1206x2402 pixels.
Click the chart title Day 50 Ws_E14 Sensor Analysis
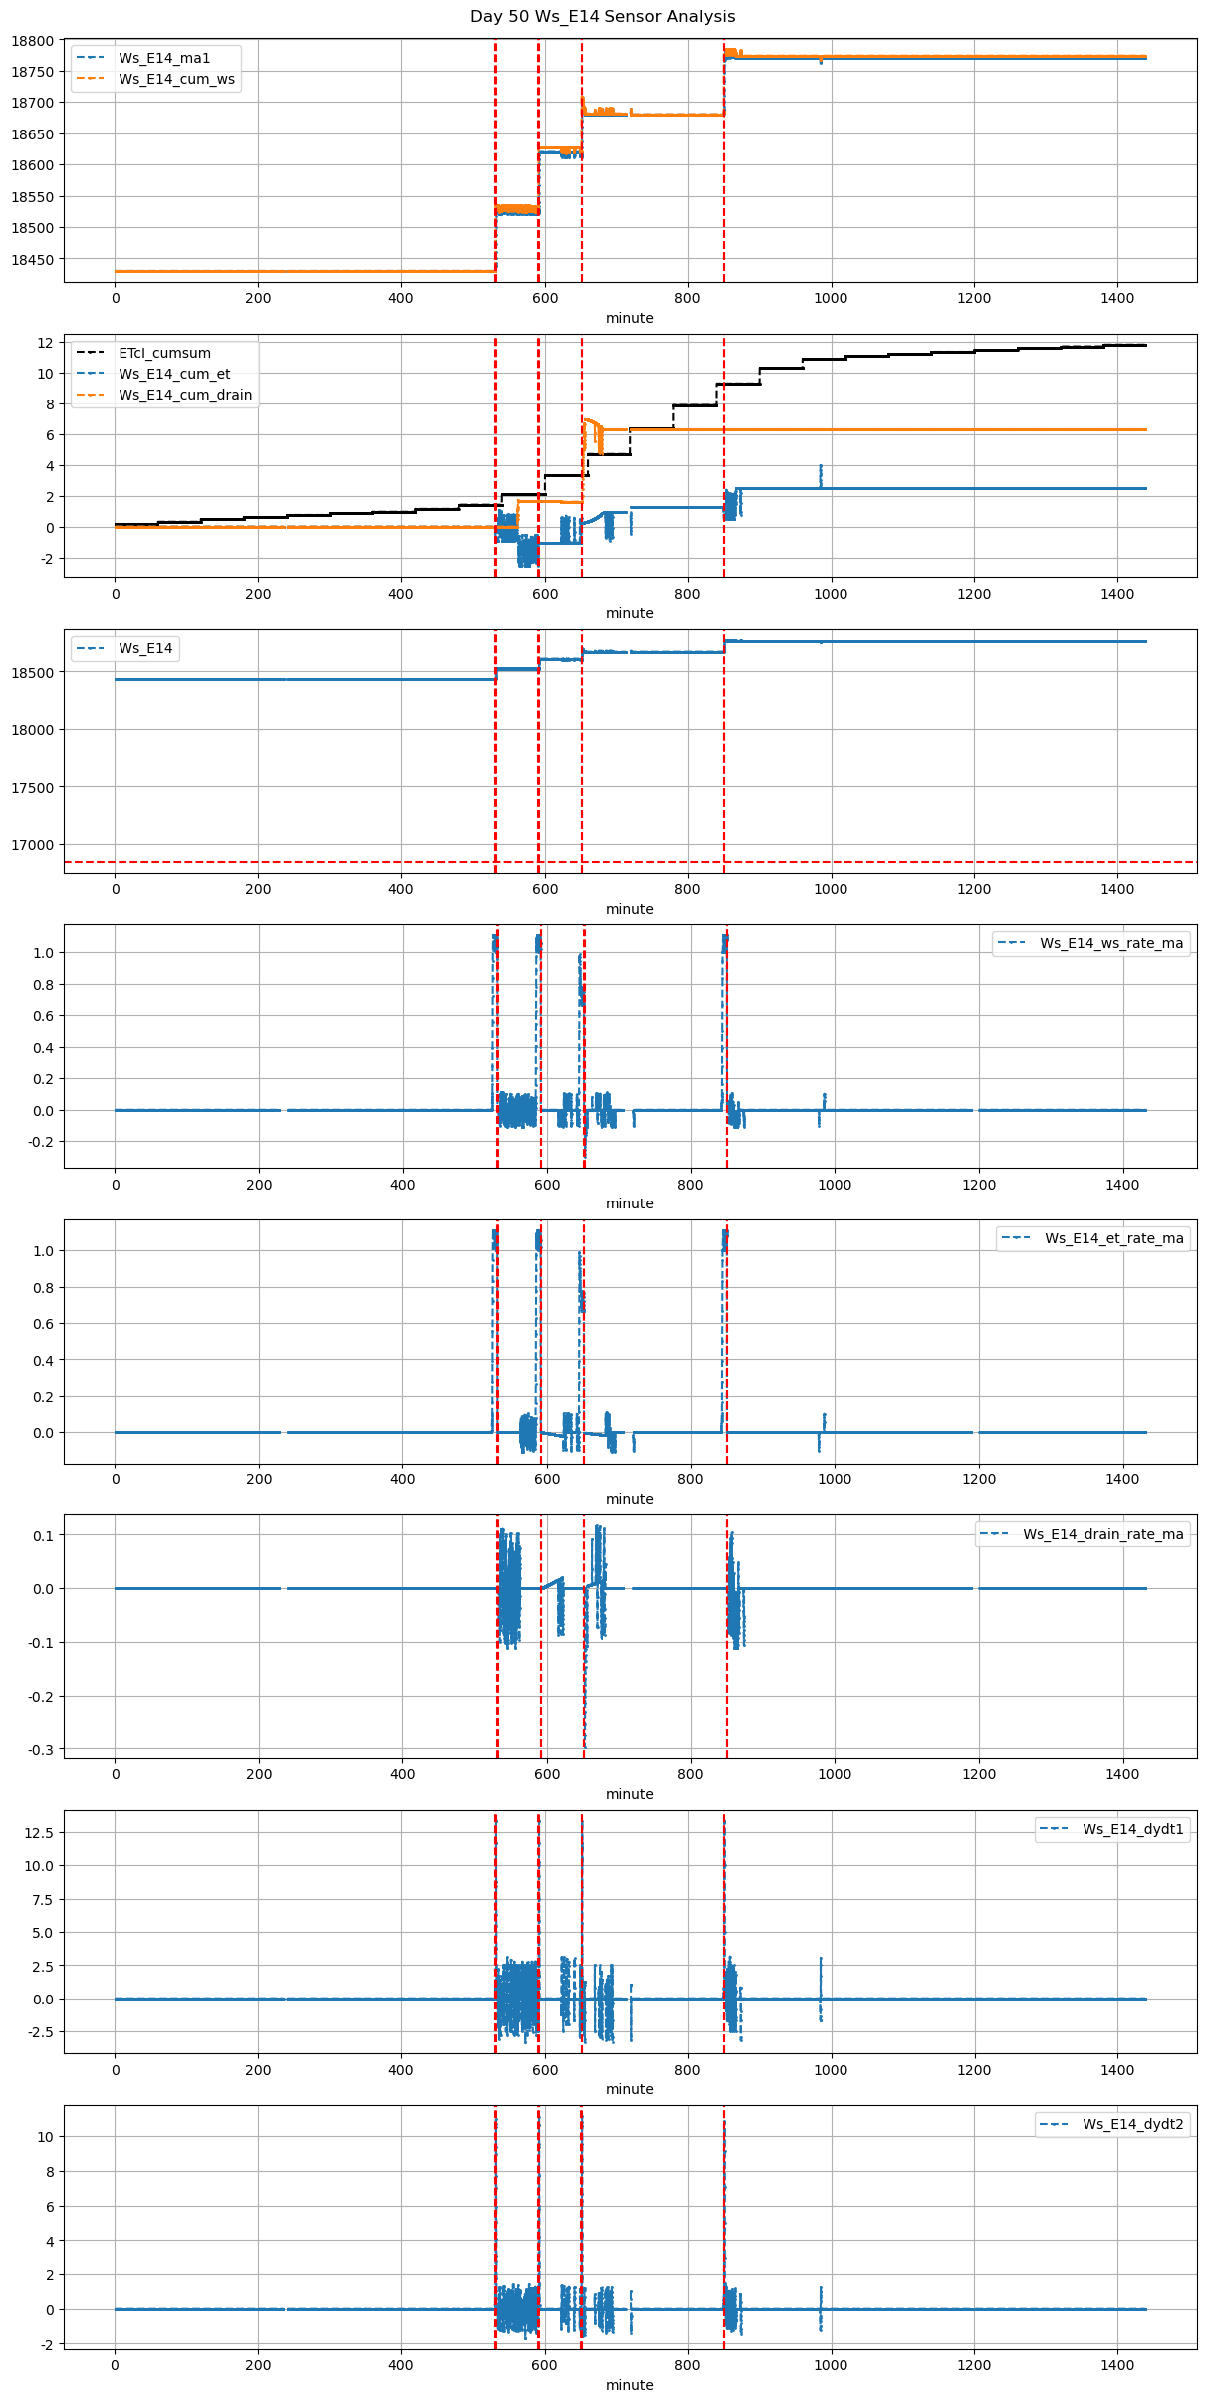603,17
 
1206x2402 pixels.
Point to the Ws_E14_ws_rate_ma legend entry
1111,943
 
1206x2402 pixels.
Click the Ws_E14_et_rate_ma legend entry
1113,1238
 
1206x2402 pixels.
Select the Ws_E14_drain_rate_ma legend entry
1102,1534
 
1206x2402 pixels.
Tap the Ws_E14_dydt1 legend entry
1132,1829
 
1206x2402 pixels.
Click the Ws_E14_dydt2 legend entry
1132,2124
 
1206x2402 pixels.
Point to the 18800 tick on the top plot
36,41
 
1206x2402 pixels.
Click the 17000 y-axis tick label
36,845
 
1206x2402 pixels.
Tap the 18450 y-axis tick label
36,260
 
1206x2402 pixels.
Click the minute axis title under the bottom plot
630,2385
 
